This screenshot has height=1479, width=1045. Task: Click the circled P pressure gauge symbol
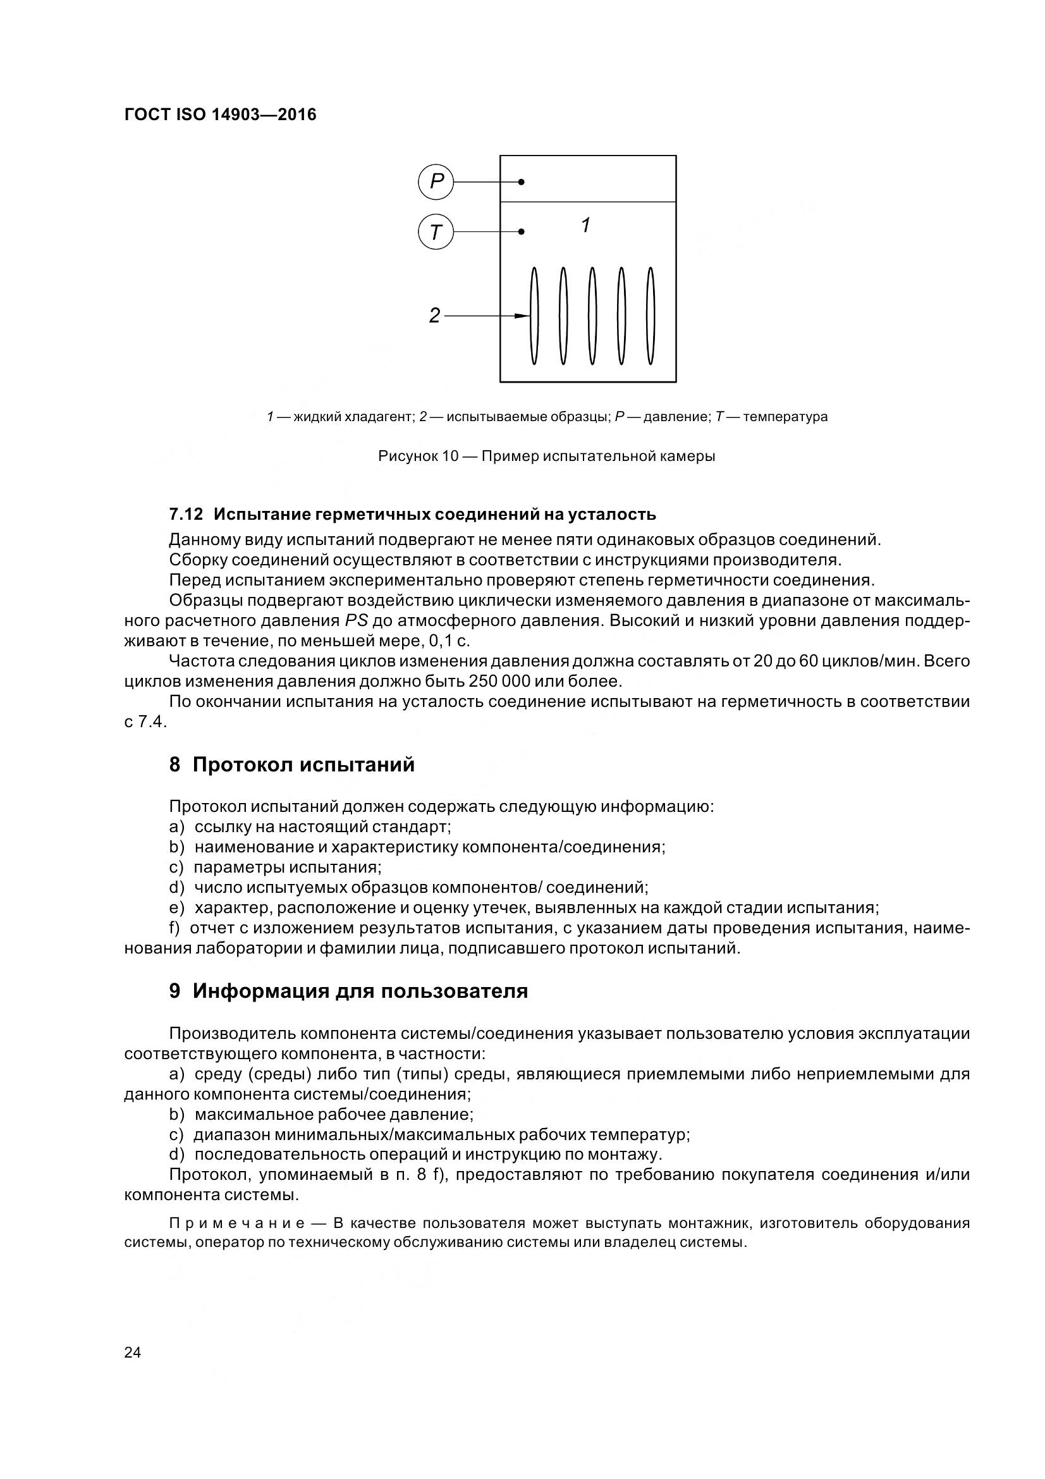point(436,182)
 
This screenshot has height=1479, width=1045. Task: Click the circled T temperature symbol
point(436,232)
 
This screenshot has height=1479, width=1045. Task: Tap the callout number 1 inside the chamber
point(585,226)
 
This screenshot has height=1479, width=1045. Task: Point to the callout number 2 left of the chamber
point(434,316)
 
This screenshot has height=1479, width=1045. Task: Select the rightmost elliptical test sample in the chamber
point(651,316)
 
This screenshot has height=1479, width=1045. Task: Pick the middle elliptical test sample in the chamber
point(592,316)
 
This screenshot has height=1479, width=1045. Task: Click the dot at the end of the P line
point(522,182)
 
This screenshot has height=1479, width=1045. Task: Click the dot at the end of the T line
point(522,232)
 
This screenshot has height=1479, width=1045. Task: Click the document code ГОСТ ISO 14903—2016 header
point(220,114)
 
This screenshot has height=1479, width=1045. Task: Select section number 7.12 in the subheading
point(185,514)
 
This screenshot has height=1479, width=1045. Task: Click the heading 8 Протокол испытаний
point(291,764)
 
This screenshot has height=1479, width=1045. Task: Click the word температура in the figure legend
point(785,417)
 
